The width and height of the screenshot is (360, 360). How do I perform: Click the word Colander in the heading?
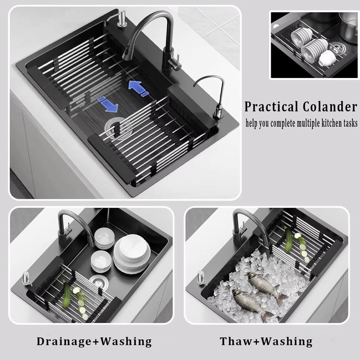click(330, 106)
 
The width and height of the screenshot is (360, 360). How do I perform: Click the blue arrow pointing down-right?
click(108, 104)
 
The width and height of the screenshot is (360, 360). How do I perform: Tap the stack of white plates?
click(132, 254)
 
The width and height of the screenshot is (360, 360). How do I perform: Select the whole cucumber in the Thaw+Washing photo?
click(288, 239)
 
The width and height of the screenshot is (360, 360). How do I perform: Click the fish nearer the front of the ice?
click(252, 304)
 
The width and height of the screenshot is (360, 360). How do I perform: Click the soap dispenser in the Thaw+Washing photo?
click(201, 277)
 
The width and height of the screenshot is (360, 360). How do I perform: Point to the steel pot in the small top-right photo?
click(348, 26)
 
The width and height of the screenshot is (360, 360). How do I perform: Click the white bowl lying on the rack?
click(327, 59)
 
